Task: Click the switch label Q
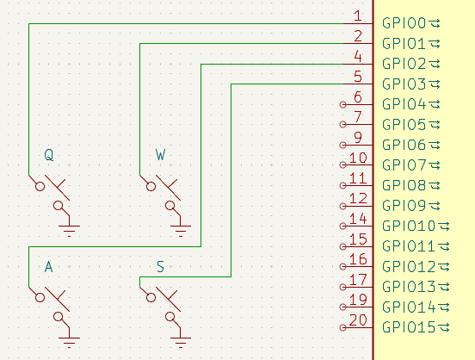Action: (x=49, y=155)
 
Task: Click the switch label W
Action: (x=161, y=155)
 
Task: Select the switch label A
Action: (x=49, y=268)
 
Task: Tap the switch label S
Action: (x=161, y=268)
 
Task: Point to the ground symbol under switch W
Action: (x=182, y=227)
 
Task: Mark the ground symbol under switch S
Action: (x=182, y=339)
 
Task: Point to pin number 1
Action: (x=357, y=16)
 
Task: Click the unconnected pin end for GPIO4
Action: (x=343, y=104)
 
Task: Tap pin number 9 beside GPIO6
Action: (x=357, y=138)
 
